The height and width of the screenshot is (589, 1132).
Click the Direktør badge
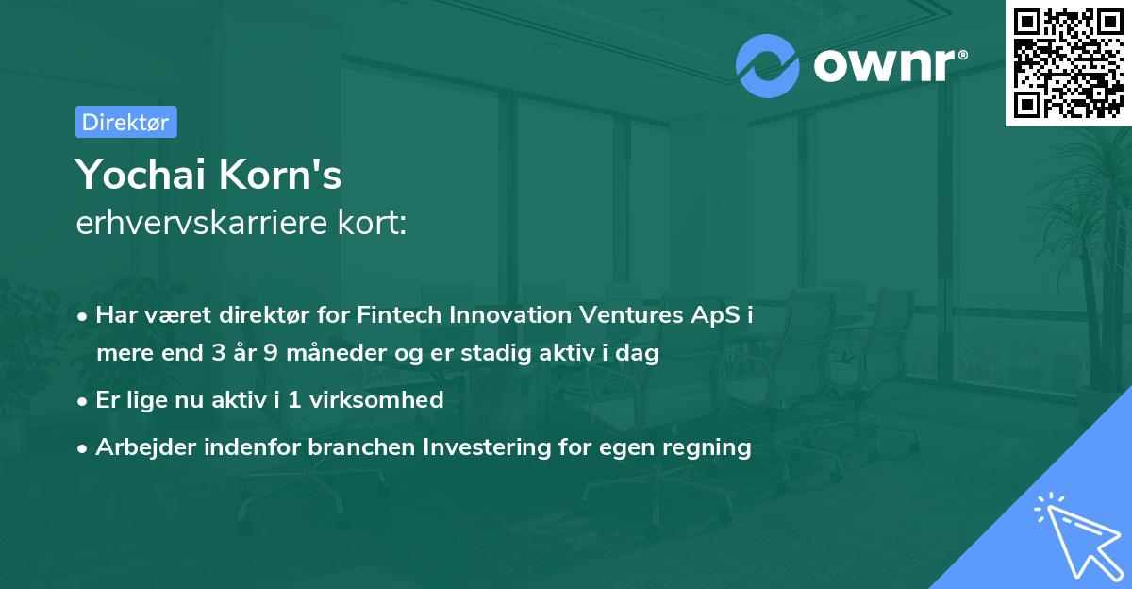[125, 122]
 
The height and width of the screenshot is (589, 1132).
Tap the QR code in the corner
[1068, 62]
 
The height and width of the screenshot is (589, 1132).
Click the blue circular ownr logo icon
[768, 65]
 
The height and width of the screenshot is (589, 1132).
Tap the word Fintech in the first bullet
[394, 315]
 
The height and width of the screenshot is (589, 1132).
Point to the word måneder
[325, 353]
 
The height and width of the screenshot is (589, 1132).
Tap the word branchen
[361, 447]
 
